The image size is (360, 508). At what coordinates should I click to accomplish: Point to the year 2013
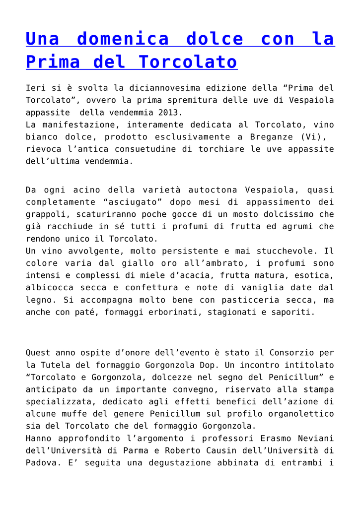click(170, 113)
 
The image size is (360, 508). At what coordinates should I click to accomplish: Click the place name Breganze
click(268, 137)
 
